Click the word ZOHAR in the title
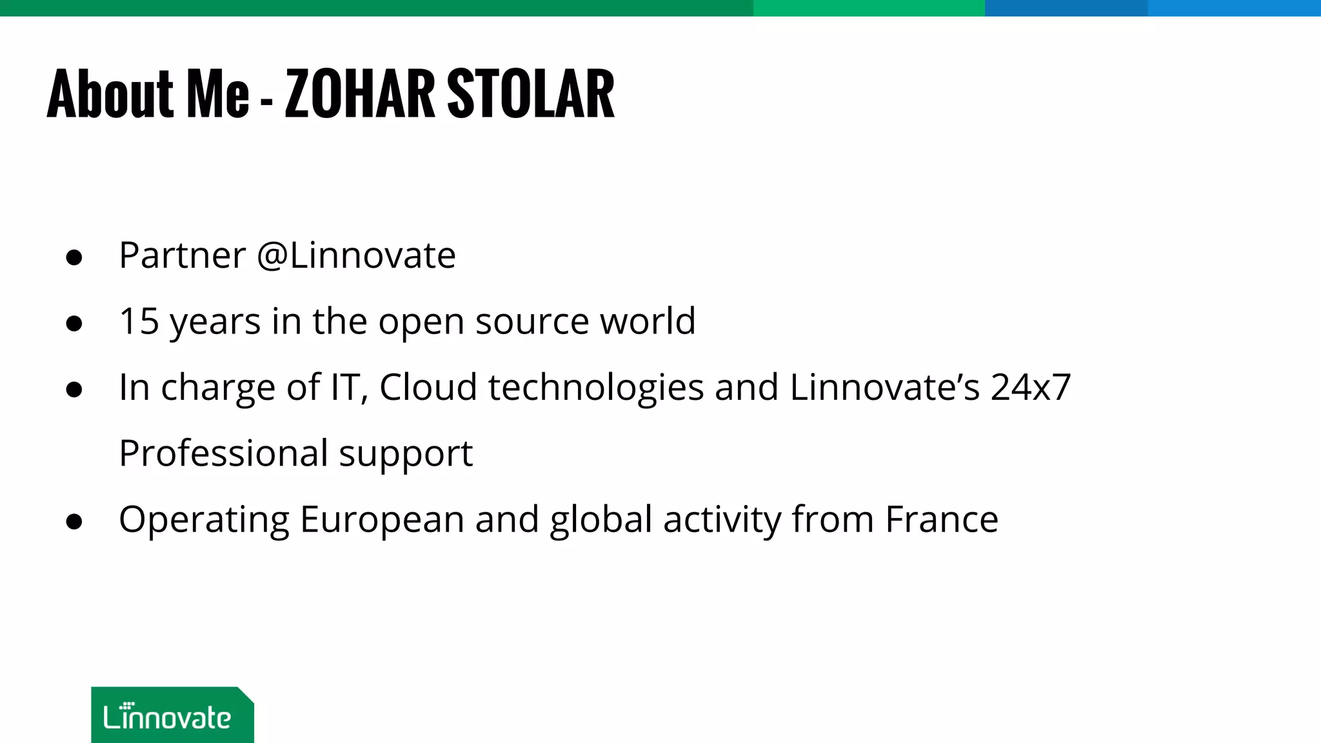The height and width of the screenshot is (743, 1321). [360, 94]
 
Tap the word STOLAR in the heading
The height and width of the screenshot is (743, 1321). [530, 94]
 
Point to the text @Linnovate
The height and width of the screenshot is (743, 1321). [356, 255]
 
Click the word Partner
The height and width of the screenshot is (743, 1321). [183, 255]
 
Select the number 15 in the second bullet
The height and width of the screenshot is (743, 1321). [139, 321]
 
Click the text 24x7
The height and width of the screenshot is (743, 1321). [1030, 387]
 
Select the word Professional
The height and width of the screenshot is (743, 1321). [223, 453]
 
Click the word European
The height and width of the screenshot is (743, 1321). [382, 520]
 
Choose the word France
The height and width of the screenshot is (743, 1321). [941, 520]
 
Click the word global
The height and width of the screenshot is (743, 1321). [601, 520]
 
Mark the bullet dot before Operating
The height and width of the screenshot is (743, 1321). [74, 521]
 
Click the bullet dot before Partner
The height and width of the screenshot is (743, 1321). [74, 257]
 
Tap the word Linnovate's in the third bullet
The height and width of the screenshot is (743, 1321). [884, 387]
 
